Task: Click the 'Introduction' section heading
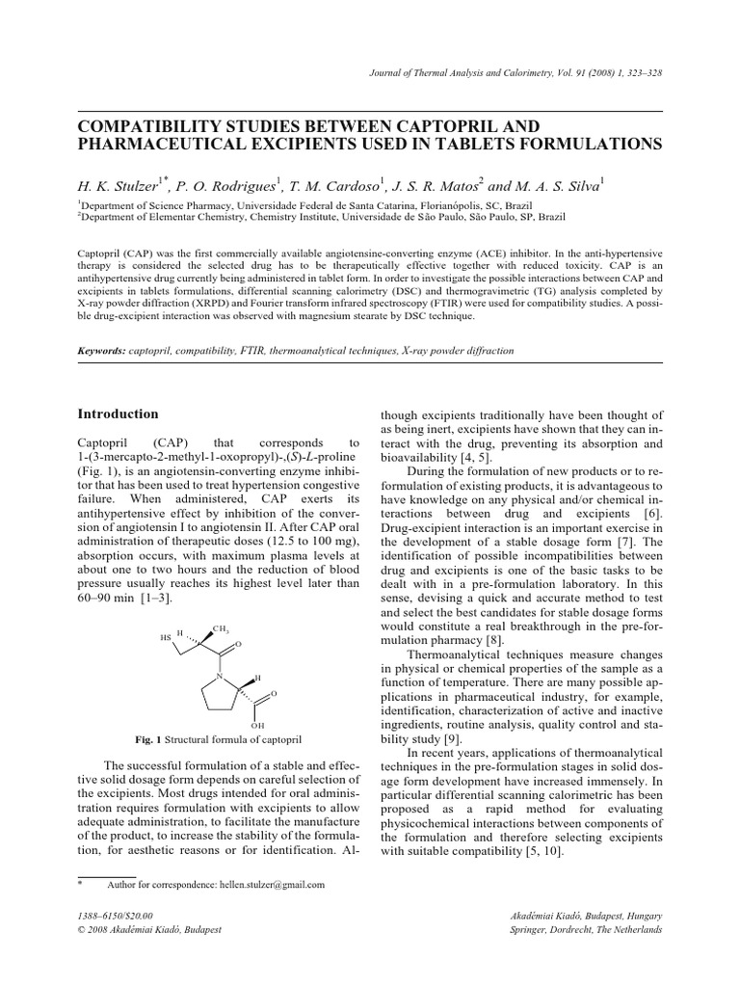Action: click(x=118, y=413)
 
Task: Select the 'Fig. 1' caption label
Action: click(x=151, y=739)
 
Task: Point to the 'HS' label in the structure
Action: click(x=165, y=637)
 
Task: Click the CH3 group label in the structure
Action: click(x=223, y=627)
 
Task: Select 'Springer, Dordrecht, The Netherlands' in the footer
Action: click(x=587, y=929)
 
